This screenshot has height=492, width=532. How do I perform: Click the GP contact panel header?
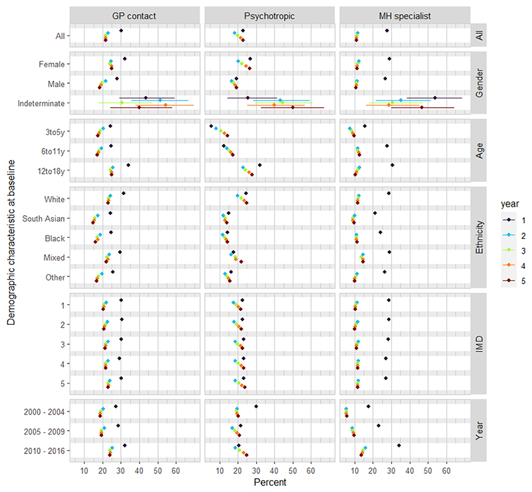(134, 16)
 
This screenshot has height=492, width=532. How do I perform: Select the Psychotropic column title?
(269, 16)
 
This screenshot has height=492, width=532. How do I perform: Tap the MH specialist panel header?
(405, 16)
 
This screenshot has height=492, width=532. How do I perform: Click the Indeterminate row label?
(41, 103)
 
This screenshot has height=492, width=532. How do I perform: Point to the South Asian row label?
(43, 218)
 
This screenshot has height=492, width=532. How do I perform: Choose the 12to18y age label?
(51, 171)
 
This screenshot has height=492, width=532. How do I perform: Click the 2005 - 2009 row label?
(44, 431)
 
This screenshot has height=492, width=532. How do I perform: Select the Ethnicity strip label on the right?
(479, 237)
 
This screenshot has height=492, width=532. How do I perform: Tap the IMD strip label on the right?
(479, 344)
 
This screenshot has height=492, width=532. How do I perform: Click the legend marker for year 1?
(509, 220)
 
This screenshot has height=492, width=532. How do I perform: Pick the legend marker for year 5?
(509, 281)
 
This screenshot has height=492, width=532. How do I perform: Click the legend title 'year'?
(509, 204)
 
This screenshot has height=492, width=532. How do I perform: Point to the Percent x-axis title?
(270, 482)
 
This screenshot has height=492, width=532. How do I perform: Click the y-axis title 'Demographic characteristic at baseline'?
(11, 242)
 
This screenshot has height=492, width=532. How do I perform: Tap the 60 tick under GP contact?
(176, 471)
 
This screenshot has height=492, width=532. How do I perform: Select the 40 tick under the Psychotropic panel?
(275, 471)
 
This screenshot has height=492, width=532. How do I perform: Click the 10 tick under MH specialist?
(355, 471)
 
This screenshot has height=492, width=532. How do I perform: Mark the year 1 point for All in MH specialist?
(387, 31)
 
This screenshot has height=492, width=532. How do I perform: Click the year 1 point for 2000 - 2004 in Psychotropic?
(256, 406)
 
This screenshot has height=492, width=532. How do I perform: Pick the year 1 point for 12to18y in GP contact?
(128, 165)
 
